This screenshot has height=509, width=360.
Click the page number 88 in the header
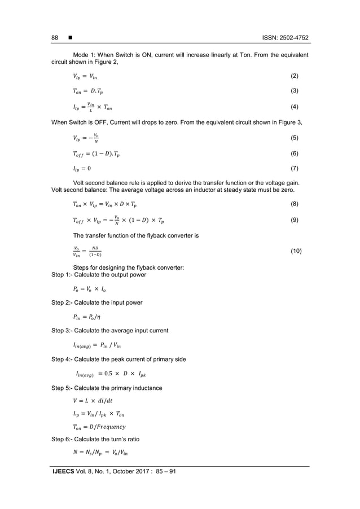55,38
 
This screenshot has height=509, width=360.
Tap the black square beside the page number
69,38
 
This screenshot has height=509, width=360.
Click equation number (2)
295,76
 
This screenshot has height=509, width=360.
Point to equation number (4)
295,107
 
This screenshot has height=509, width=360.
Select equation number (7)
295,168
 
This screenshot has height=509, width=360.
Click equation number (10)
296,250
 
